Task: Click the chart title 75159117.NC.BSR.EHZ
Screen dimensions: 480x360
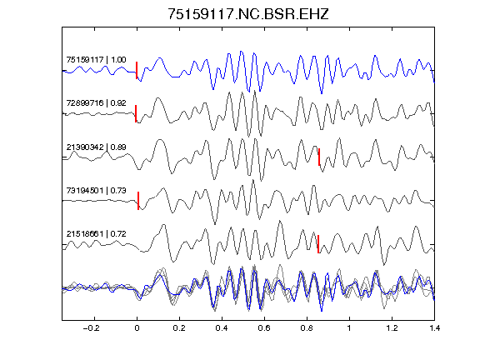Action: click(248, 14)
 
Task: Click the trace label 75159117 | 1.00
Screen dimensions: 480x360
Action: click(96, 59)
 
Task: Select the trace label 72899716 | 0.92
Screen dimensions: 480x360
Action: click(96, 102)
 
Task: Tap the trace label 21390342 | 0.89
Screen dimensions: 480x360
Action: click(96, 147)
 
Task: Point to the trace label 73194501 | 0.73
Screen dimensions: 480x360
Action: click(96, 190)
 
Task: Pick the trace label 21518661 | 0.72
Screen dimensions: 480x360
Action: click(96, 234)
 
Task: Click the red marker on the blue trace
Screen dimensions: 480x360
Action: click(137, 70)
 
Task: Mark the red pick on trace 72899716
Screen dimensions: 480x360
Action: click(136, 113)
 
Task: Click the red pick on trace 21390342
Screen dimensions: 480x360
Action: click(319, 157)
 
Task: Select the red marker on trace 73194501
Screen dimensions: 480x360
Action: click(138, 201)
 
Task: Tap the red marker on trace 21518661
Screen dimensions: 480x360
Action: click(318, 244)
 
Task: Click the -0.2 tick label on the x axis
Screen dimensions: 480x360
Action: click(91, 328)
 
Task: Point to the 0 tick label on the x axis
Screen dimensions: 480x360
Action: click(137, 328)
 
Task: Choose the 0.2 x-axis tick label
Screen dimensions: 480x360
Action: click(179, 328)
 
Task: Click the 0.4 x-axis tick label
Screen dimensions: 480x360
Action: click(222, 328)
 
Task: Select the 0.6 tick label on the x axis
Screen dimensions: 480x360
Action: click(264, 328)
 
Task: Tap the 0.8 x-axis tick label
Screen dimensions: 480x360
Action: click(307, 328)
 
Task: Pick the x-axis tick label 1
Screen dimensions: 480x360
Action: click(349, 328)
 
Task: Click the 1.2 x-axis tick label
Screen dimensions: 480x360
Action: click(392, 328)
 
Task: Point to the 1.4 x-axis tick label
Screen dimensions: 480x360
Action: click(435, 328)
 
